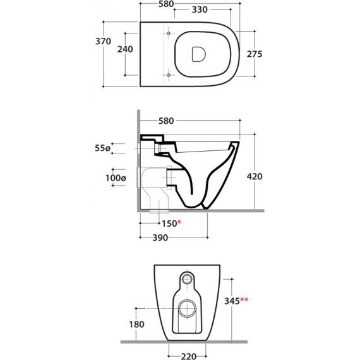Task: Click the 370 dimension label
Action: point(103,41)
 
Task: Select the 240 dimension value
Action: point(125,49)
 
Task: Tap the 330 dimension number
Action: point(200,9)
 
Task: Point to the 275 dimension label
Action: point(255,54)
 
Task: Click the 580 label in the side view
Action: point(166,121)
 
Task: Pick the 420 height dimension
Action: point(255,177)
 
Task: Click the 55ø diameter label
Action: point(102,148)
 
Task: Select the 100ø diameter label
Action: point(116,178)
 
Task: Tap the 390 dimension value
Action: point(160,238)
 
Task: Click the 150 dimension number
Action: point(169,224)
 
